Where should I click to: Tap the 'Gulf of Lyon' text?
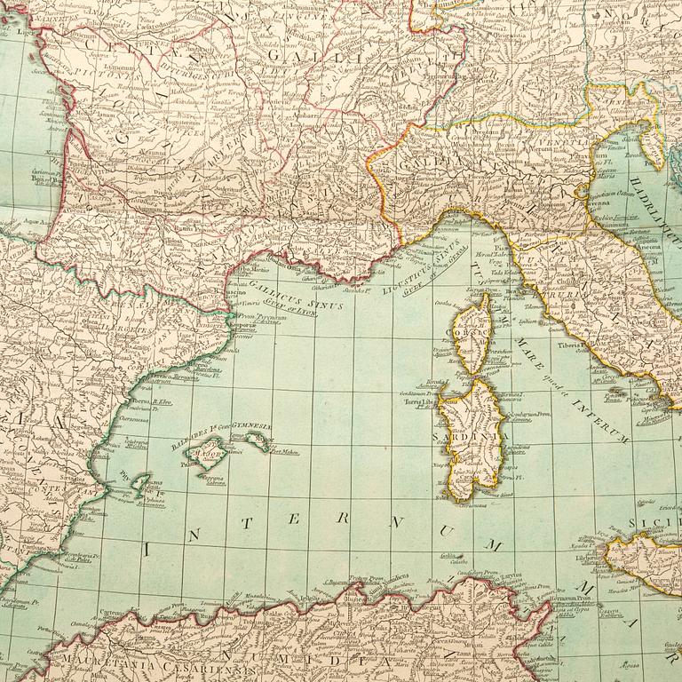(x=293, y=299)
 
